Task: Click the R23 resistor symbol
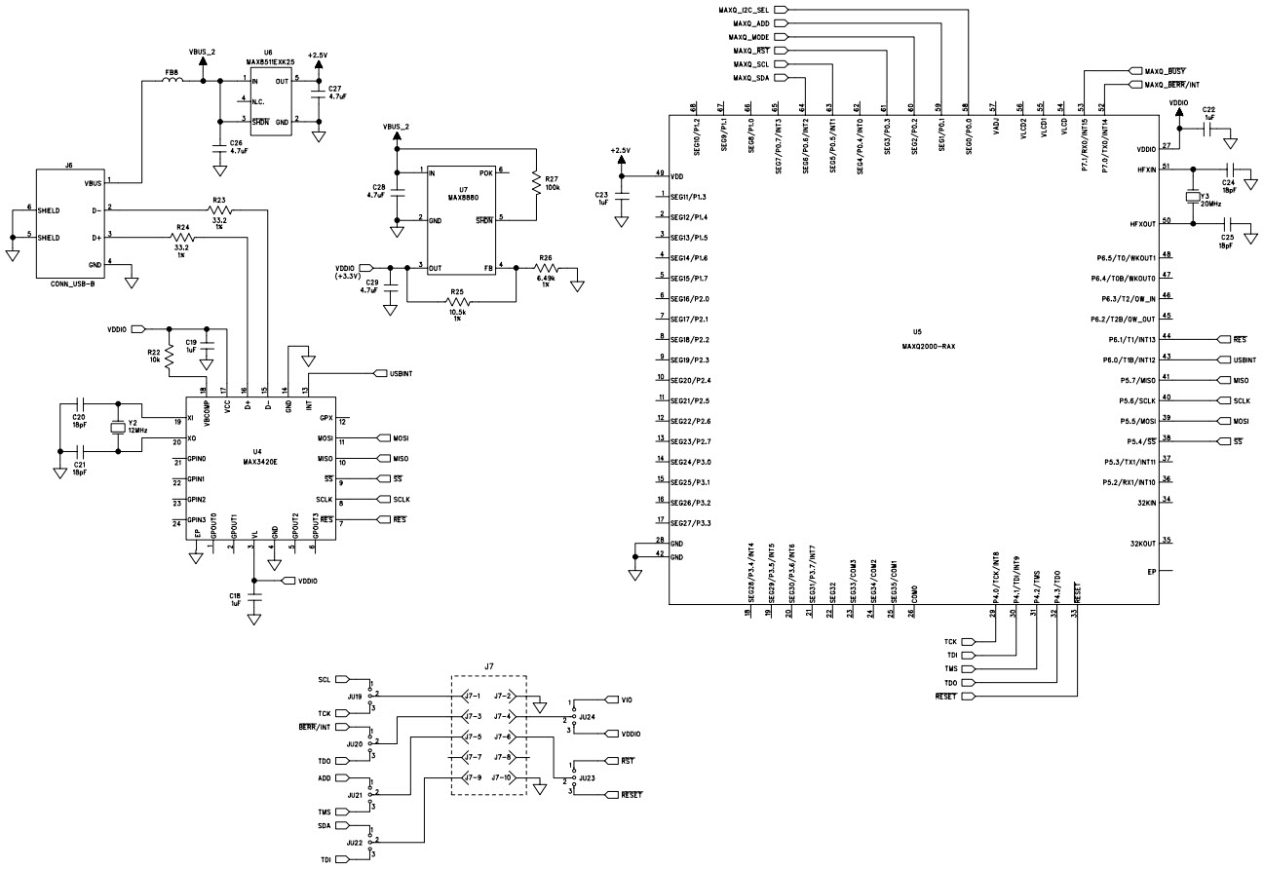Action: (220, 209)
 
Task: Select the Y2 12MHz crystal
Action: (119, 426)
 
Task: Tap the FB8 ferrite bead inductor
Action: (172, 81)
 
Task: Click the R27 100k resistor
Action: (534, 183)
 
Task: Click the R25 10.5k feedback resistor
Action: (456, 302)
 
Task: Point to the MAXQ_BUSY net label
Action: (1164, 71)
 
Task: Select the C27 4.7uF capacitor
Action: (317, 94)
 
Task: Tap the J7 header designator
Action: (488, 666)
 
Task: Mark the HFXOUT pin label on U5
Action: (1141, 224)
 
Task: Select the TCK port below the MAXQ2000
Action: (957, 642)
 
